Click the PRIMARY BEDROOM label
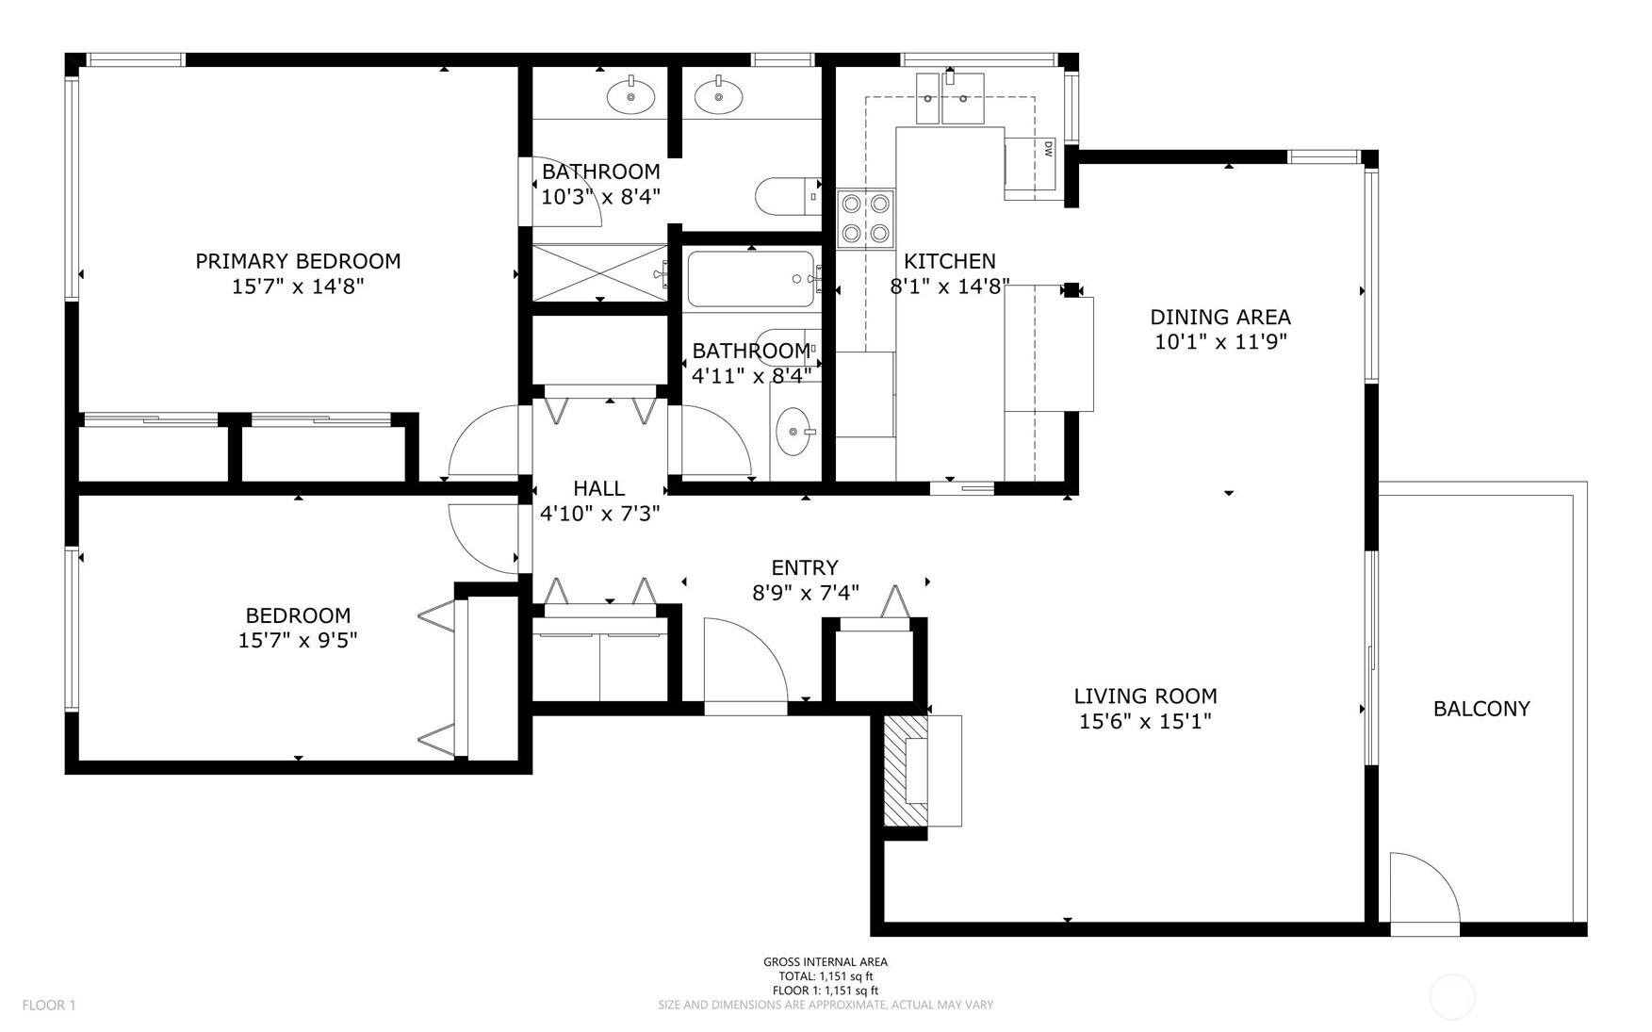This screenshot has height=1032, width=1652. (x=298, y=261)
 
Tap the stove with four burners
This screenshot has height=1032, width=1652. (x=866, y=218)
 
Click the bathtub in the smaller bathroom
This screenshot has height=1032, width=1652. (x=751, y=279)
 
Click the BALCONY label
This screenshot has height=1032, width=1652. (x=1480, y=709)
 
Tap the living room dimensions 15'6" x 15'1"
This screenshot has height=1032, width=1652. (x=1145, y=722)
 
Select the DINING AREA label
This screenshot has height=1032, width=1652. (x=1220, y=317)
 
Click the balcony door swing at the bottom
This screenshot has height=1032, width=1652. (x=1424, y=891)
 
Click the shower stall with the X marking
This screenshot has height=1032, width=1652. (x=600, y=273)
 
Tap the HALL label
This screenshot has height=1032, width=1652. (x=599, y=488)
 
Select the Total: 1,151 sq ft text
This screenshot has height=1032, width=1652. (x=825, y=976)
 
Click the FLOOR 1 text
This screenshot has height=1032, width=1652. (x=49, y=1005)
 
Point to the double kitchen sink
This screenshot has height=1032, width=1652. (x=949, y=99)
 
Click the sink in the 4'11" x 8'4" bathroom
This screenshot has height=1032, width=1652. (x=793, y=432)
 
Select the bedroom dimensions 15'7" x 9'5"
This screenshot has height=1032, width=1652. (x=298, y=641)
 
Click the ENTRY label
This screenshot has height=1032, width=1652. (x=804, y=567)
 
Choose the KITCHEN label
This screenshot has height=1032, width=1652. (x=949, y=261)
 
